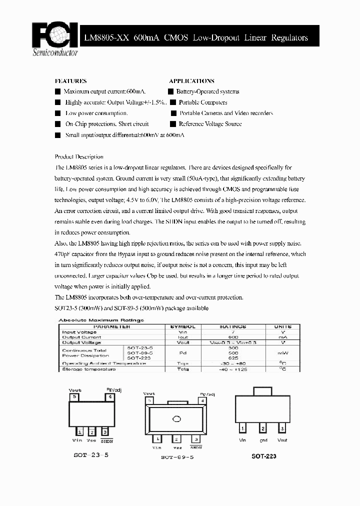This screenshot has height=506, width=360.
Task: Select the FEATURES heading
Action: [x=70, y=81]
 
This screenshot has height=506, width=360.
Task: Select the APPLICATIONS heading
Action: [x=191, y=81]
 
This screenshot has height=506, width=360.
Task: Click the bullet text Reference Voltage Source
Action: [x=210, y=124]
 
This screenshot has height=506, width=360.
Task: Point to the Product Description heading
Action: [x=79, y=156]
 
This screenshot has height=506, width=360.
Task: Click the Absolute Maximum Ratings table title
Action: [x=101, y=320]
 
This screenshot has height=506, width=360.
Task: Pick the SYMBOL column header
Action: [x=183, y=326]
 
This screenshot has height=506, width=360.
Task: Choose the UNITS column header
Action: [x=282, y=326]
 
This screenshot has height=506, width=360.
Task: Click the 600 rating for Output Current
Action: [x=232, y=337]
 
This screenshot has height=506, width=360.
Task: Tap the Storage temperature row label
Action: [x=89, y=369]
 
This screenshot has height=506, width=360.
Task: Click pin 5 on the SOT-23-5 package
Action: [x=74, y=396]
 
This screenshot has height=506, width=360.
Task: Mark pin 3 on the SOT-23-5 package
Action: [x=104, y=431]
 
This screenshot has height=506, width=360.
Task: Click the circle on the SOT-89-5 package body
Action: [x=176, y=419]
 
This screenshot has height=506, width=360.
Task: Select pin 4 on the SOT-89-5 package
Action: [x=202, y=400]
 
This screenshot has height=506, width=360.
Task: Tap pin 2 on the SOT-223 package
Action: [x=262, y=428]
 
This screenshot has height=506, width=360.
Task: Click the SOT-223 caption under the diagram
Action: [x=263, y=456]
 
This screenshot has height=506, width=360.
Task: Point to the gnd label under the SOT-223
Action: [x=263, y=440]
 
